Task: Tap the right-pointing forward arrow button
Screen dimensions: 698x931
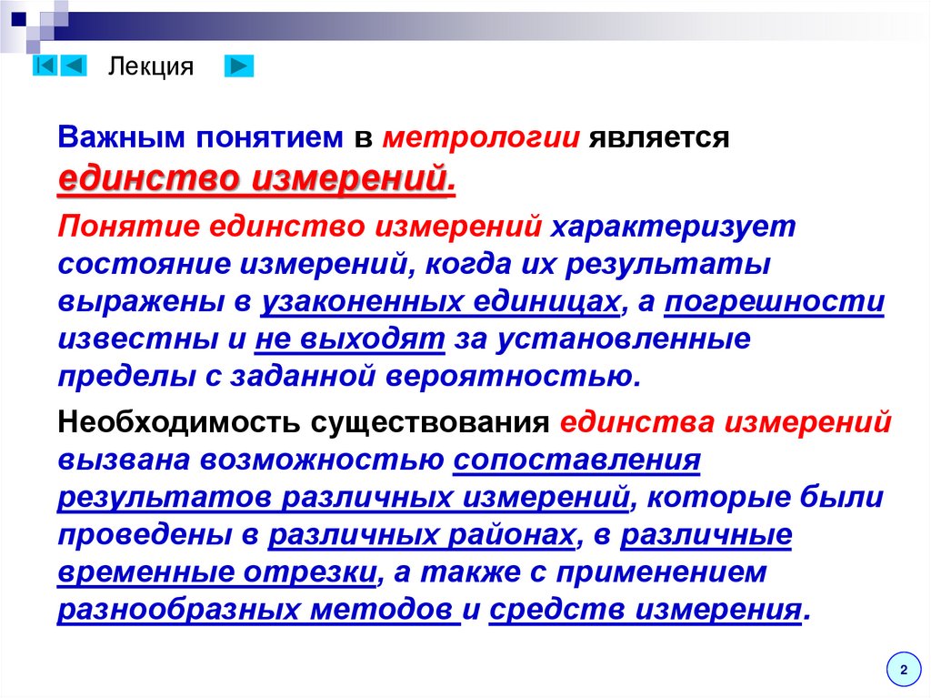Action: pos(239,66)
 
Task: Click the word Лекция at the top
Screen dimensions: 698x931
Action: pos(151,66)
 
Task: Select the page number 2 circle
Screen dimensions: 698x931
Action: pos(903,670)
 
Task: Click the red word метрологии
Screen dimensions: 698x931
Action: pos(482,138)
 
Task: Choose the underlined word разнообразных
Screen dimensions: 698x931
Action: pos(177,610)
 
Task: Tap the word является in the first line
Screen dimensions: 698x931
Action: pos(659,138)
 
